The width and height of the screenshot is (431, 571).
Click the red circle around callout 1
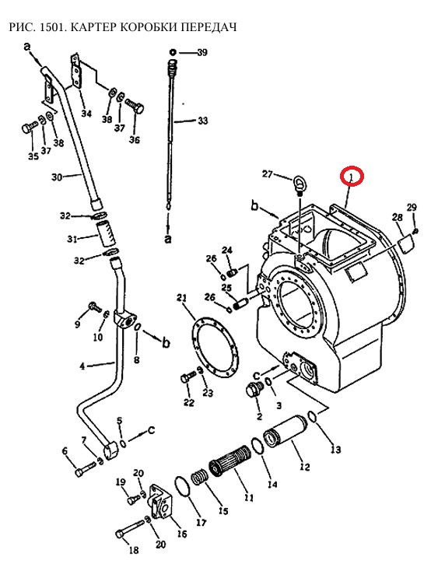[x=352, y=176]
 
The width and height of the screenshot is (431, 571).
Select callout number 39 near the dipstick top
[x=201, y=52]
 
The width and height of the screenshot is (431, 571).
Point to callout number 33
[x=202, y=120]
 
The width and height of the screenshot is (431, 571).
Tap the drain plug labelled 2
[x=253, y=390]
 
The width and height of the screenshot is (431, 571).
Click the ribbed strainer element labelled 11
[x=230, y=461]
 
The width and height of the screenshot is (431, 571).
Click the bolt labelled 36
[x=135, y=105]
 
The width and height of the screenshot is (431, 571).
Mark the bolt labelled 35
[x=30, y=128]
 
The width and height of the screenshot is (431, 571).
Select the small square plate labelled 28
[x=406, y=243]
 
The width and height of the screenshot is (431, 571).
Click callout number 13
[x=336, y=450]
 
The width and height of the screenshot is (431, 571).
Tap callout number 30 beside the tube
[x=58, y=177]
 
